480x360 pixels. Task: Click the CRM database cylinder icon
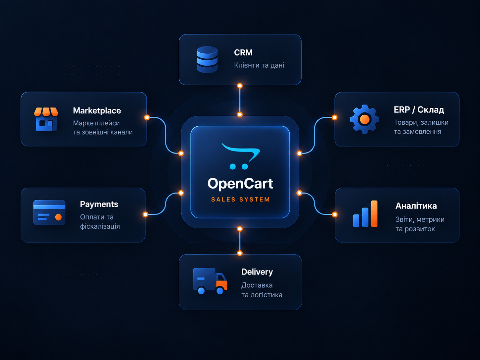[207, 59]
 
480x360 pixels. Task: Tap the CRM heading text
[243, 52]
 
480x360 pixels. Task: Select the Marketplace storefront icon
[46, 119]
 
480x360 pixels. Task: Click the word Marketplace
[97, 111]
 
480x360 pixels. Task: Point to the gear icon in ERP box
[365, 119]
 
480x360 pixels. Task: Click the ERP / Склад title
[419, 110]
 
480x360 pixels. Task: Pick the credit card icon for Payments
[49, 212]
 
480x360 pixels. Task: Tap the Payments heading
[99, 204]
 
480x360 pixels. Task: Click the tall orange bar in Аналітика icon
[374, 213]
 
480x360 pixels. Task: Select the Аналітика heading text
[416, 206]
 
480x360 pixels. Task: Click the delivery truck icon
[210, 281]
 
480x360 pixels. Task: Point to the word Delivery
[257, 272]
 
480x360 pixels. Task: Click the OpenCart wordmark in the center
[240, 184]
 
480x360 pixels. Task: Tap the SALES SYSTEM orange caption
[240, 200]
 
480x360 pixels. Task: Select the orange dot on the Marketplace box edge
[147, 118]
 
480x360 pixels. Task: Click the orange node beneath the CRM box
[240, 86]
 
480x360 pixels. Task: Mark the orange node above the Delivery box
[240, 253]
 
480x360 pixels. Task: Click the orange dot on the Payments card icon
[58, 217]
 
